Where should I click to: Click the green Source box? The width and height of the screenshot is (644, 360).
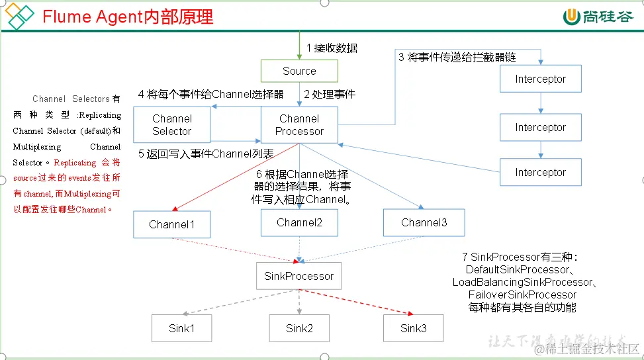coord(299,71)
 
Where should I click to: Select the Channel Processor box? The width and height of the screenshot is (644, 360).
coord(299,125)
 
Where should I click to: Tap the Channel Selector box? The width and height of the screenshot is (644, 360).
coord(172,125)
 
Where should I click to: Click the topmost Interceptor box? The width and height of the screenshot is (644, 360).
coord(541,79)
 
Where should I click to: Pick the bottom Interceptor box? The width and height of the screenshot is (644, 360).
coord(541,172)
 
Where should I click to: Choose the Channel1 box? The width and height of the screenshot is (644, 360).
coord(172,224)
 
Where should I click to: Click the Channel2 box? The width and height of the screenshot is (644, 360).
coord(300,222)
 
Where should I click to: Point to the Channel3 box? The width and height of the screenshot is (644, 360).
coord(424,222)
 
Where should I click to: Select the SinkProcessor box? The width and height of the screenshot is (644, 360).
coord(299,276)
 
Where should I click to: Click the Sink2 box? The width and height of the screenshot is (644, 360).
coord(299,328)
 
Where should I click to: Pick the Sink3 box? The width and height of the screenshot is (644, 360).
coord(414,328)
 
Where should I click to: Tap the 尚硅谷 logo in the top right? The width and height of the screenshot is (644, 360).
coord(598,17)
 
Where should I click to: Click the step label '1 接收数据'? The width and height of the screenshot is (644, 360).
coord(332,48)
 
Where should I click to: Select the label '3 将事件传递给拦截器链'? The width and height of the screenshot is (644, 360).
coord(457,57)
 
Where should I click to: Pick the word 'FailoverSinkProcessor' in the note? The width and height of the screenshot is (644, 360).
coord(522,294)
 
